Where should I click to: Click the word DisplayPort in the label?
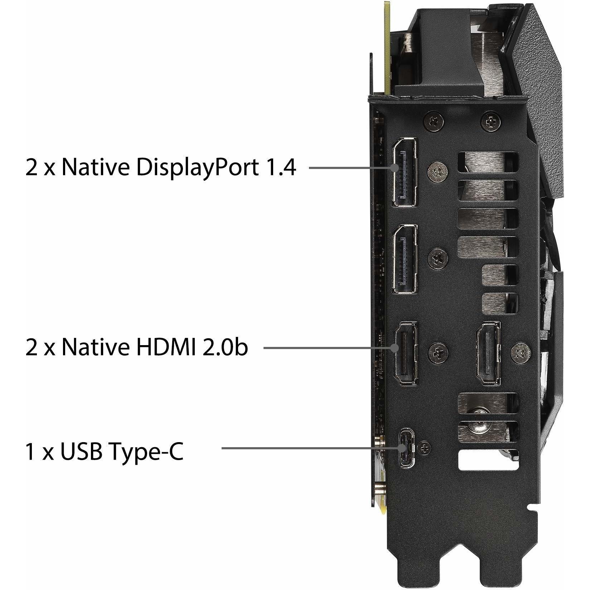[x=196, y=168]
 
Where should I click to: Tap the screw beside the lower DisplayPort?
[x=439, y=257]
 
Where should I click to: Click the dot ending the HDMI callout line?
[x=395, y=347]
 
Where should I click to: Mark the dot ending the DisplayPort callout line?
[x=395, y=167]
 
